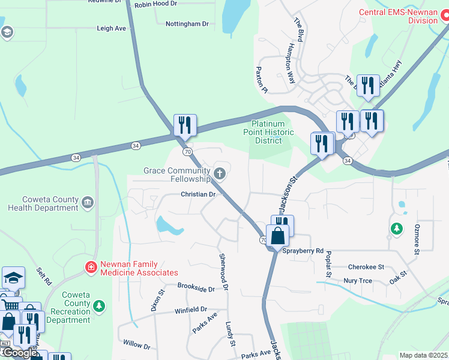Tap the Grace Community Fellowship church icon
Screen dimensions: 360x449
coord(220,174)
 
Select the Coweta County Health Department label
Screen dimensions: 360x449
coord(43,203)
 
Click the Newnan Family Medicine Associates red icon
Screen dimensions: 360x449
coord(91,266)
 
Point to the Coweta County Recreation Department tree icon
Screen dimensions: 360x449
coord(100,307)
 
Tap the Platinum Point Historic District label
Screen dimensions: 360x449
coord(272,132)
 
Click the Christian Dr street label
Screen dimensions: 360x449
coord(198,194)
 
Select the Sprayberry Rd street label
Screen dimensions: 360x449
coord(303,251)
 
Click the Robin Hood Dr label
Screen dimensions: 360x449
coord(157,5)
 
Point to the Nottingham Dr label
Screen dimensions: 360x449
coord(187,24)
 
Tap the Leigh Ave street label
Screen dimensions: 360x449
coord(112,28)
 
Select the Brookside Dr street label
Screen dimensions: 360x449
coord(196,288)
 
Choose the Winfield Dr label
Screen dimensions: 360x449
coord(191,310)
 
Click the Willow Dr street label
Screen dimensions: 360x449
coord(136,345)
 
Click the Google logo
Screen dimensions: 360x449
coord(20,353)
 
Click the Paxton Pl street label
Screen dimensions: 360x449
coord(261,79)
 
